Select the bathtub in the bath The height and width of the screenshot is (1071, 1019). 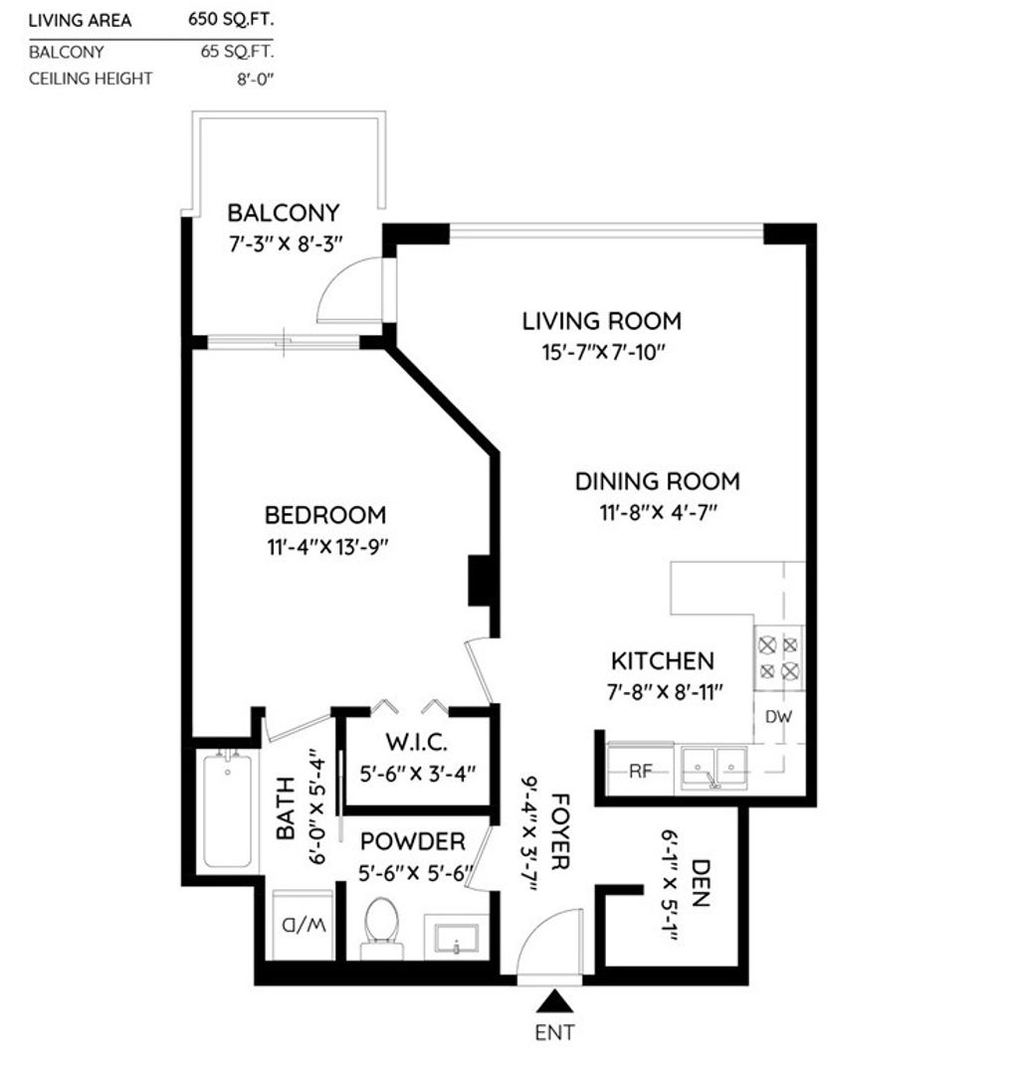click(227, 809)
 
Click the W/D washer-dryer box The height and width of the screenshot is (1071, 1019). click(304, 925)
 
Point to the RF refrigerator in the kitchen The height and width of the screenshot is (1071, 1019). click(640, 772)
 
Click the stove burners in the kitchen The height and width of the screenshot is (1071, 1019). click(779, 657)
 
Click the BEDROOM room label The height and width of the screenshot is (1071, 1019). click(324, 515)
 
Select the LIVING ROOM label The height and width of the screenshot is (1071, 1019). click(601, 321)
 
